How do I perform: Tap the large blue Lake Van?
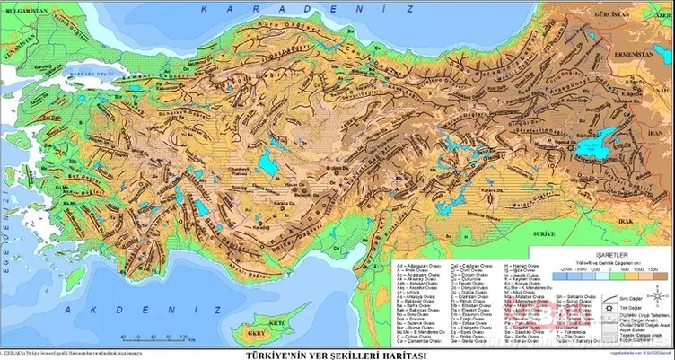coord(592,140)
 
